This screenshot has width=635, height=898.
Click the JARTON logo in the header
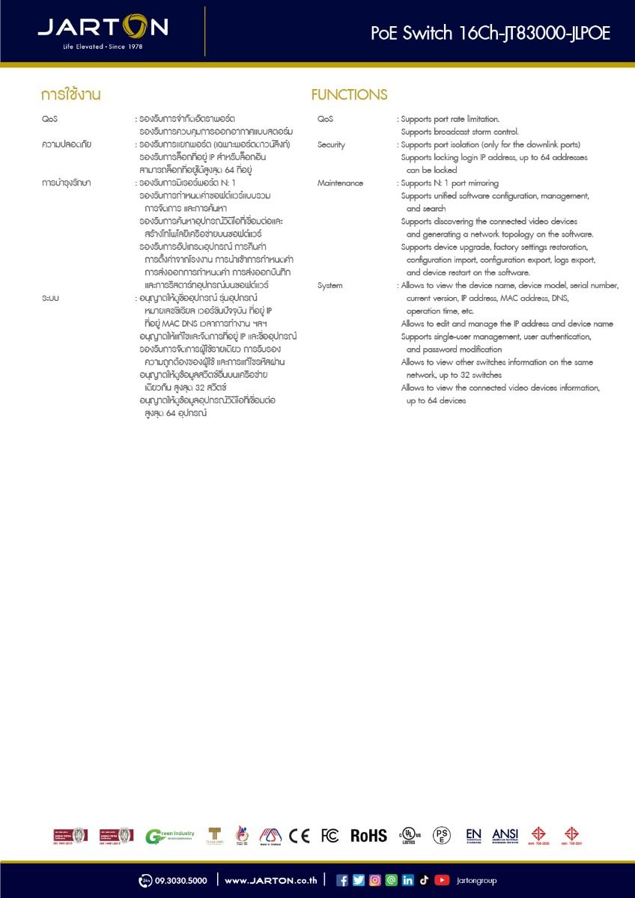pyautogui.click(x=103, y=27)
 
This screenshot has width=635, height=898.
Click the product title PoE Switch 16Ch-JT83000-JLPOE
pyautogui.click(x=490, y=33)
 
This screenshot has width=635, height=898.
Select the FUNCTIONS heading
pyautogui.click(x=349, y=95)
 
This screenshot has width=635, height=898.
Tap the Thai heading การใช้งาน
pyautogui.click(x=71, y=95)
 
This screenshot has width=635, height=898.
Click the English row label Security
pyautogui.click(x=331, y=144)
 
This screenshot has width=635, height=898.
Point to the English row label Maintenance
pyautogui.click(x=340, y=183)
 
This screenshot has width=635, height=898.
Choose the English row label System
pyautogui.click(x=329, y=285)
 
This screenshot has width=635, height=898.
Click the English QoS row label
pyautogui.click(x=325, y=119)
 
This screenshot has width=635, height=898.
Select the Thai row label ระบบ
pyautogui.click(x=51, y=298)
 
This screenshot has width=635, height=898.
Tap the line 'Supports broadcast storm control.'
pyautogui.click(x=459, y=132)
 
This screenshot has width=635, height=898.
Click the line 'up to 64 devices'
pyautogui.click(x=436, y=400)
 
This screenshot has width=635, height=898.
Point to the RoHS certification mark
pyautogui.click(x=368, y=836)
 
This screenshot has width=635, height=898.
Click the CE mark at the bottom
pyautogui.click(x=299, y=836)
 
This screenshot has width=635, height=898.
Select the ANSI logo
pyautogui.click(x=505, y=835)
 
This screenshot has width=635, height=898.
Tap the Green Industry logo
pyautogui.click(x=169, y=836)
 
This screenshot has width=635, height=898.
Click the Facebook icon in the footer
pyautogui.click(x=342, y=880)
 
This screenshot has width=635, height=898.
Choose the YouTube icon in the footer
pyautogui.click(x=442, y=880)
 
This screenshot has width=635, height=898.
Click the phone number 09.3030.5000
pyautogui.click(x=180, y=881)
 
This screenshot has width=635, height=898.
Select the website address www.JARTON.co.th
pyautogui.click(x=270, y=881)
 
